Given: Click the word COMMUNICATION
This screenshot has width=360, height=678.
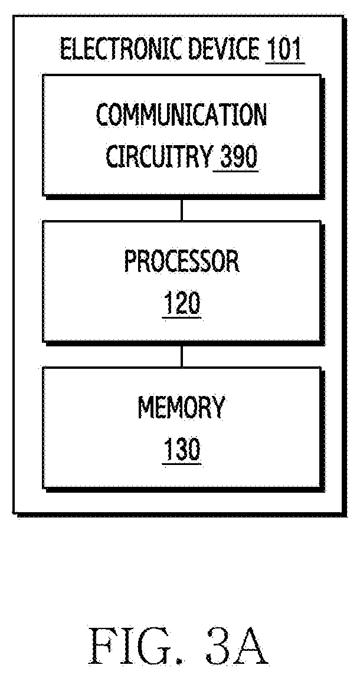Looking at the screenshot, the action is coord(181,115).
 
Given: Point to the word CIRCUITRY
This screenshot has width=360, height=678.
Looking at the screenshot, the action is coord(158,157).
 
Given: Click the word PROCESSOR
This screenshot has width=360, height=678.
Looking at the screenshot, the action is coord(182,261).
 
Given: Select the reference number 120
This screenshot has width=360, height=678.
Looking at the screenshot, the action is coord(182,303).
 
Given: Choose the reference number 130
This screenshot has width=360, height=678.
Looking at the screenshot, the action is coord(182,450).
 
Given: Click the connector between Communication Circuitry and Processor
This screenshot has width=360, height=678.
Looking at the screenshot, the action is coord(182,208).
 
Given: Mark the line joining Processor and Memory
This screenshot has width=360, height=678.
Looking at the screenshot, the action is coord(182,355).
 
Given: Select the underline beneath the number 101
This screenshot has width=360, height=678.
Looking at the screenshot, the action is coord(284,63).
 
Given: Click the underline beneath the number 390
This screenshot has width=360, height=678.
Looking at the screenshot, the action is coord(236,171).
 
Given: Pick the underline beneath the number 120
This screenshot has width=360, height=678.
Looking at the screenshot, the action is coord(182,318).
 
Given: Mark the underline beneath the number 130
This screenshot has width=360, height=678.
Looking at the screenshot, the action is coord(182,464).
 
